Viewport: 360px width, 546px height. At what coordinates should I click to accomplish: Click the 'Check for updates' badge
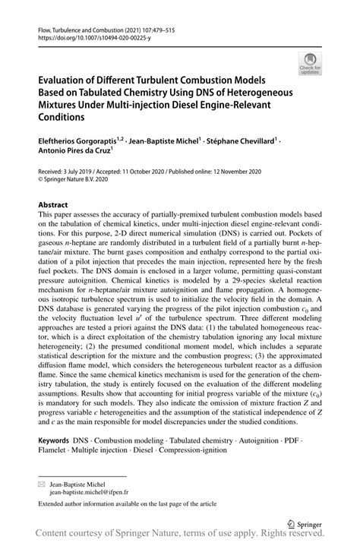(310, 63)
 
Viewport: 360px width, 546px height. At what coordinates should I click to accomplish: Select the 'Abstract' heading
(53, 204)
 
